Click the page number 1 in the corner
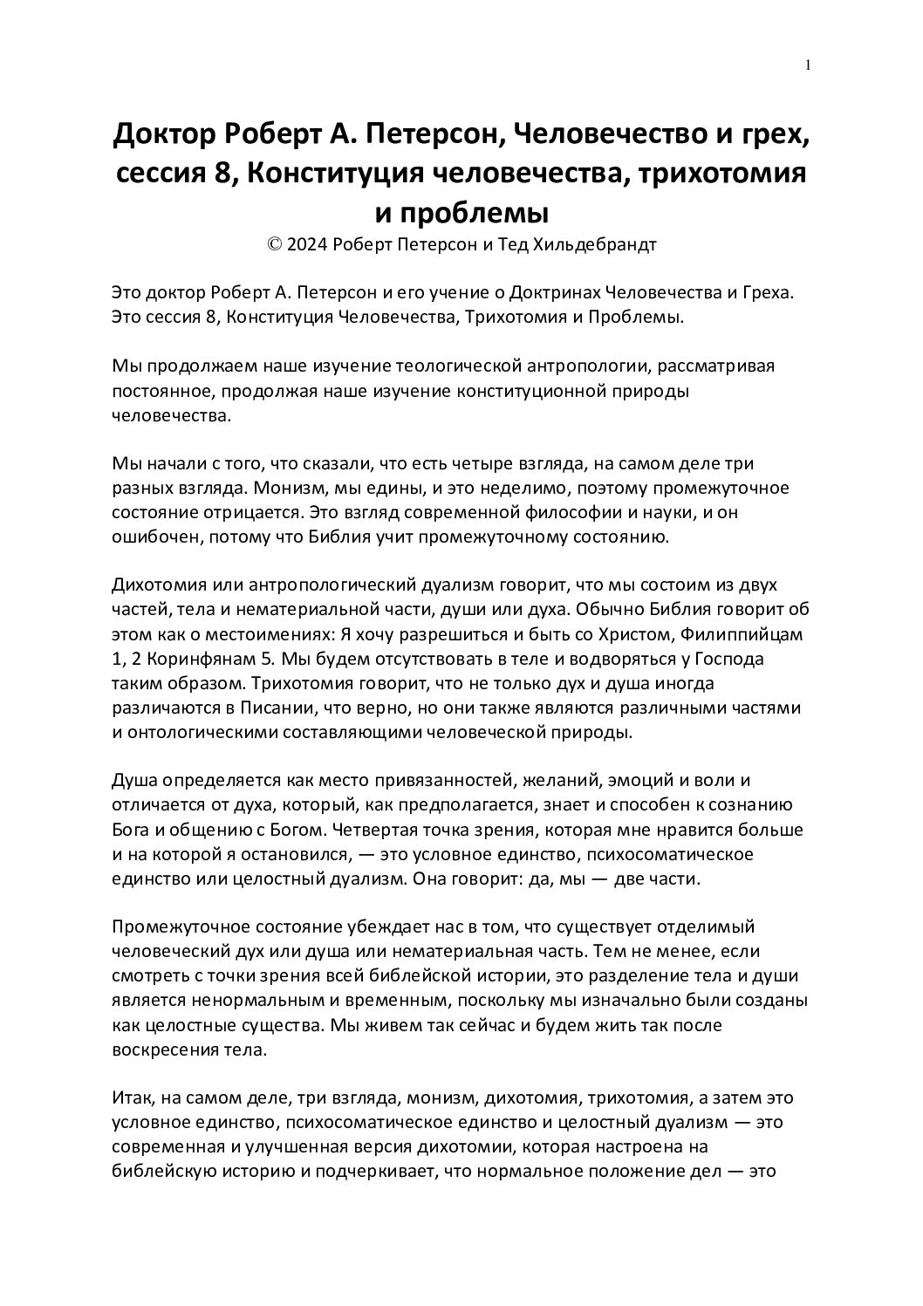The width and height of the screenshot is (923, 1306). (x=808, y=65)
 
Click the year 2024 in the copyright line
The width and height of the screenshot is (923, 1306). (x=307, y=245)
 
